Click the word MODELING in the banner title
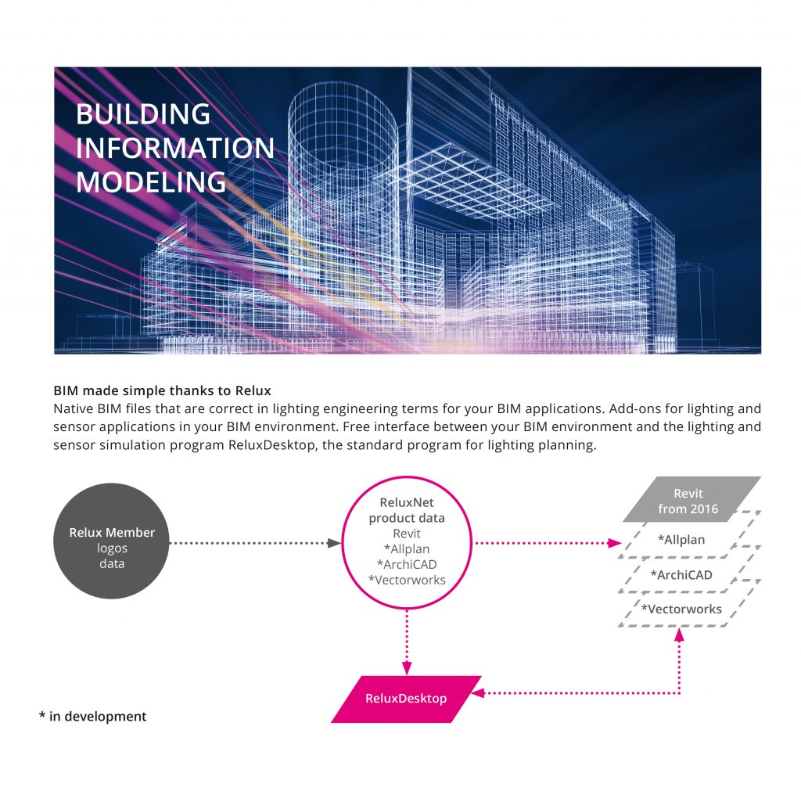click(151, 182)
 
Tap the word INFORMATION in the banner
click(174, 148)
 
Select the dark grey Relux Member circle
click(111, 541)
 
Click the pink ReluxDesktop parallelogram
click(406, 699)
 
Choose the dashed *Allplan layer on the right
click(687, 540)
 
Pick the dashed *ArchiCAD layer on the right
click(687, 574)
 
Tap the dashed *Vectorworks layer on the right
click(687, 609)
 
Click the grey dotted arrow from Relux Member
click(255, 543)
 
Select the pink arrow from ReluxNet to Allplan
click(548, 543)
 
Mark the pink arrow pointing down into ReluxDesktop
click(407, 642)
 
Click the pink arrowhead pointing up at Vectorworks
click(680, 635)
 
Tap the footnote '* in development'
click(92, 717)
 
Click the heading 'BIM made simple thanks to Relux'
click(162, 391)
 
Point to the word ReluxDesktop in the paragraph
click(271, 445)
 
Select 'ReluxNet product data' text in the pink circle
click(407, 510)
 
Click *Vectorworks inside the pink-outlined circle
click(407, 580)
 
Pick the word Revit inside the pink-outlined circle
click(407, 534)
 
